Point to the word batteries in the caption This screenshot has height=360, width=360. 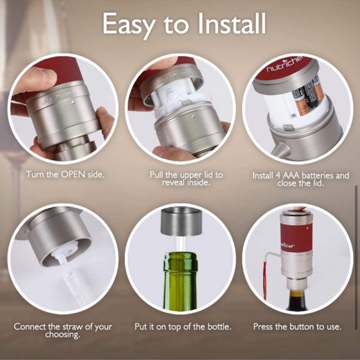324,176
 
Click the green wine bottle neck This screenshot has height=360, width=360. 180,273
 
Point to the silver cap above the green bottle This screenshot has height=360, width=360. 181,220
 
